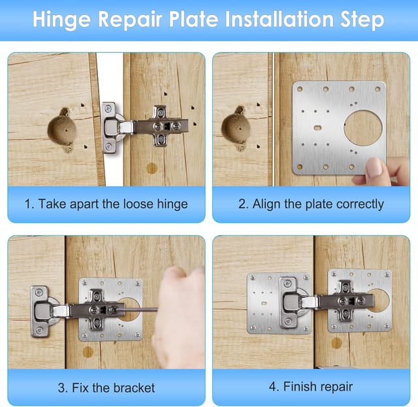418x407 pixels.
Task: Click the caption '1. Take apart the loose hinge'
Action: [x=106, y=204]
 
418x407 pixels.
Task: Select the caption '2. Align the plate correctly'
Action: [x=310, y=204]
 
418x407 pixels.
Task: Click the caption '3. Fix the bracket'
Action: [x=106, y=387]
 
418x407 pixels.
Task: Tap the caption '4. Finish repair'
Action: [x=310, y=387]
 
